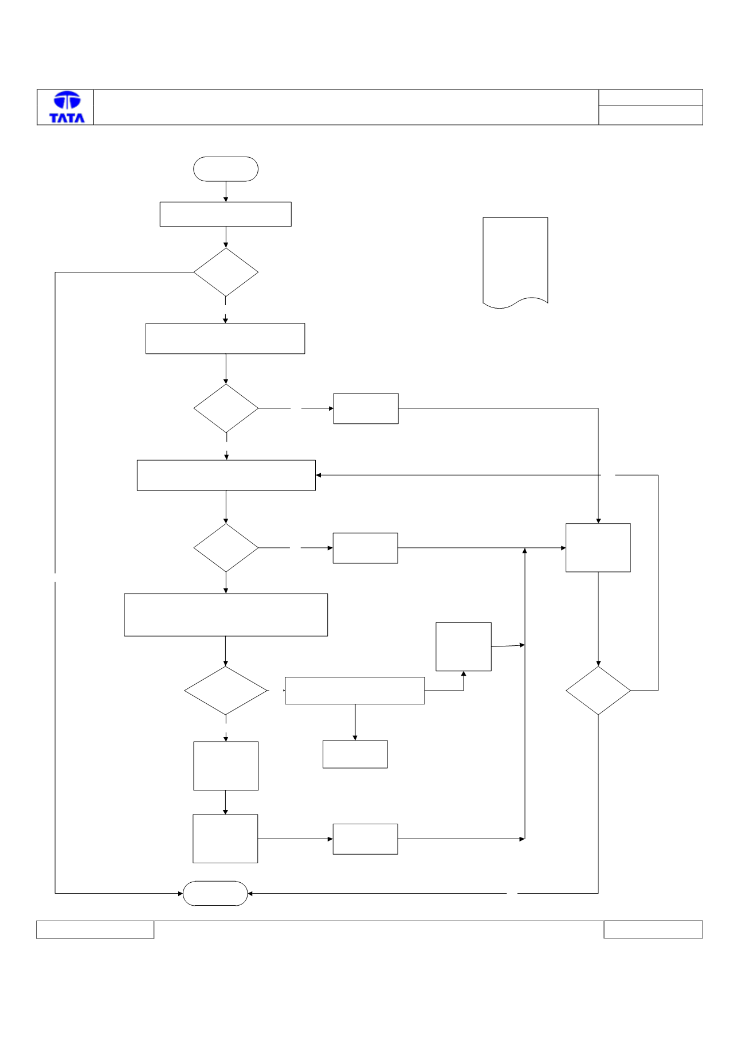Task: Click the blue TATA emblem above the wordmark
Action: click(67, 100)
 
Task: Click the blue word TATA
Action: click(67, 118)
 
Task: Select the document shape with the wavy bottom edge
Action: click(515, 263)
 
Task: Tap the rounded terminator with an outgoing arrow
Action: click(226, 169)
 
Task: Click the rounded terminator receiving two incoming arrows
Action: click(215, 893)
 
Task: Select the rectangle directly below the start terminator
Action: click(225, 214)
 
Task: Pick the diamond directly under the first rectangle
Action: click(226, 272)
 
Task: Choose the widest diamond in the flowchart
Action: click(226, 691)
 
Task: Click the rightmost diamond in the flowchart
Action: click(598, 691)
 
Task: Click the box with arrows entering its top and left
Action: click(598, 548)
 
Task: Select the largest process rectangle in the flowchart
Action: click(226, 615)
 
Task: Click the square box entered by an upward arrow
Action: click(464, 646)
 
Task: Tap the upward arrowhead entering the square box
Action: click(464, 674)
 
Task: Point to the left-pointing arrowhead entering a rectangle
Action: click(319, 476)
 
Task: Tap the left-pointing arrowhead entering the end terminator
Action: click(250, 893)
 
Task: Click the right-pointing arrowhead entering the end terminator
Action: click(180, 893)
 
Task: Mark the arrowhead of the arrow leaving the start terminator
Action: click(226, 199)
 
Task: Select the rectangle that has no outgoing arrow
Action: click(355, 754)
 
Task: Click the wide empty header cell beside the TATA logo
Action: click(346, 107)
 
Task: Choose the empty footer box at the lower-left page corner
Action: click(95, 930)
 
